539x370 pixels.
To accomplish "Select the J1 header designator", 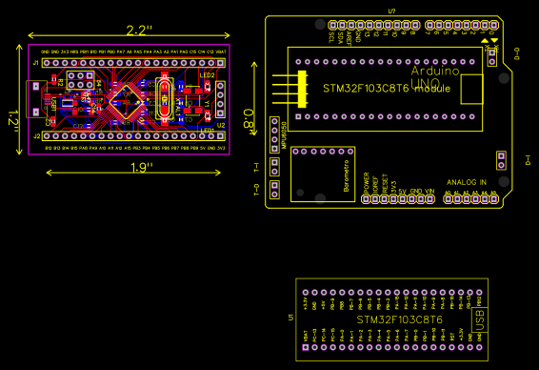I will [x=36, y=62].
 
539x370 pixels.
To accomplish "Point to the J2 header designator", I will [x=36, y=136].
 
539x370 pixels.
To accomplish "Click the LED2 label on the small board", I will [x=207, y=74].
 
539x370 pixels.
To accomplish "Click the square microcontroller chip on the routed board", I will [x=125, y=98].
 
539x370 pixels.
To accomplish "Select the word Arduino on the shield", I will [x=435, y=72].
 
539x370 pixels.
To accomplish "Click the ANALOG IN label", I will [x=467, y=181].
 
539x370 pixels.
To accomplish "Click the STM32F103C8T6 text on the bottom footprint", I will [x=399, y=320].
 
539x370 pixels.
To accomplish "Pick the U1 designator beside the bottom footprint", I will [x=289, y=318].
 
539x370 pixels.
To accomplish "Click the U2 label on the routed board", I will [x=220, y=125].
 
